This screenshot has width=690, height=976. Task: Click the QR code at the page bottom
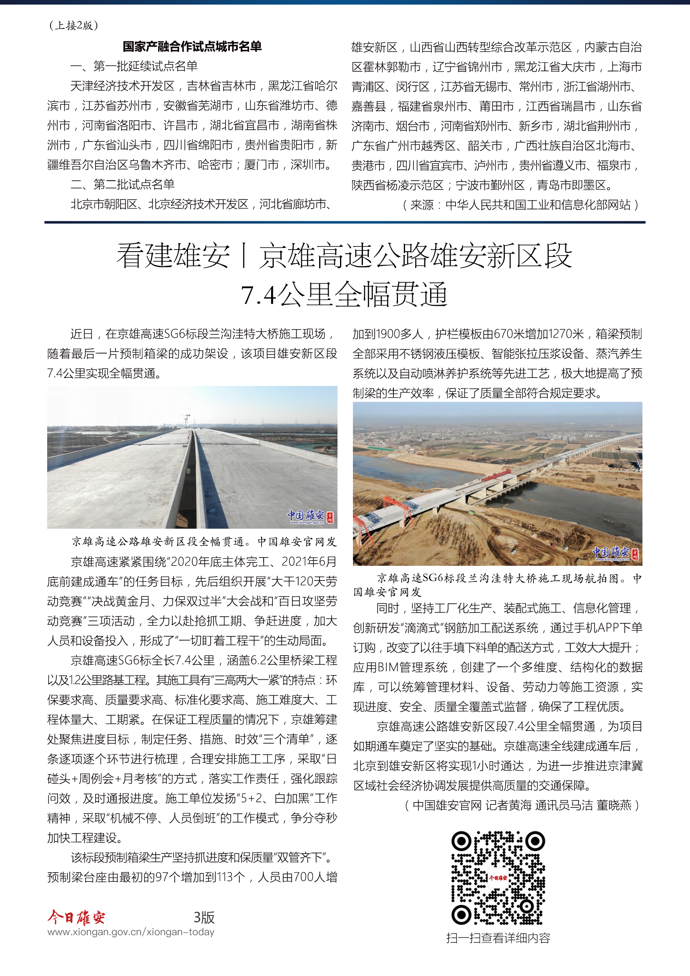498,878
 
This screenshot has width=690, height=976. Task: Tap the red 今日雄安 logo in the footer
76,917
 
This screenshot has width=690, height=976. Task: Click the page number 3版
204,918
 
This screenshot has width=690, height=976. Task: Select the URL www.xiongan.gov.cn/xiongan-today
131,932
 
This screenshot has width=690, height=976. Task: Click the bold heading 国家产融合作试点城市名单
192,46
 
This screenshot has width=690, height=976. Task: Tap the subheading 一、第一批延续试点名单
134,66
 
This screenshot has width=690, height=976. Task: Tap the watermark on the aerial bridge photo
616,553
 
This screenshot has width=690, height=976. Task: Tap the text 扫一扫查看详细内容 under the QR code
498,938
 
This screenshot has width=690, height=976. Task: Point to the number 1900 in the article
387,334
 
